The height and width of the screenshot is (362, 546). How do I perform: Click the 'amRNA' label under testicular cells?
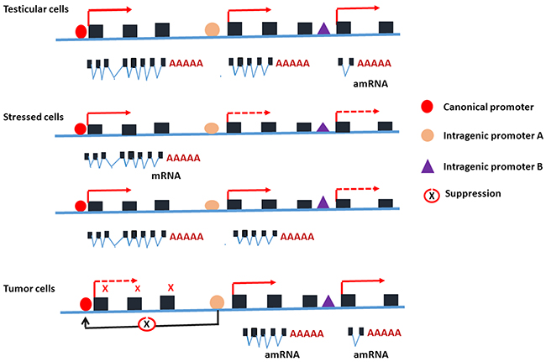pyautogui.click(x=372, y=84)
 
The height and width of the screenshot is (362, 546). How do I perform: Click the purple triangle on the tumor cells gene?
pyautogui.click(x=328, y=300)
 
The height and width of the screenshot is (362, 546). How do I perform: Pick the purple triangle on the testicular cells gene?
pyautogui.click(x=323, y=29)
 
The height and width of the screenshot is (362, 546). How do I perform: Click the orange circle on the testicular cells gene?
pyautogui.click(x=212, y=30)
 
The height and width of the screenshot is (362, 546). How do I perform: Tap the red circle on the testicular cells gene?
pyautogui.click(x=81, y=32)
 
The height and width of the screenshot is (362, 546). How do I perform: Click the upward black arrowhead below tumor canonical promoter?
pyautogui.click(x=84, y=319)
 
